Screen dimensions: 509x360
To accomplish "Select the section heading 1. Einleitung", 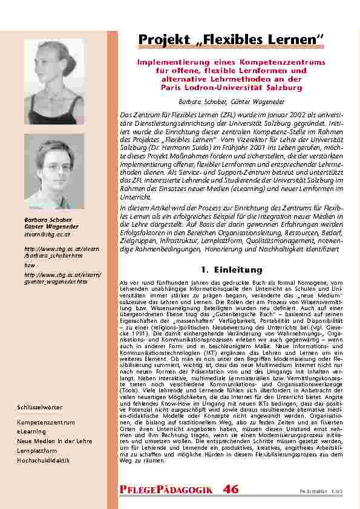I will [231, 270].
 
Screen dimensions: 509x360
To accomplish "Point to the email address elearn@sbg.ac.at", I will [47, 234].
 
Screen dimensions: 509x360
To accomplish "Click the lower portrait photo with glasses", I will [54, 172].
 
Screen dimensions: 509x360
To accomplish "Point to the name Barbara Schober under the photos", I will [48, 220].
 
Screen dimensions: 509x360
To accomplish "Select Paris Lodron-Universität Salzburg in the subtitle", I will [231, 88].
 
